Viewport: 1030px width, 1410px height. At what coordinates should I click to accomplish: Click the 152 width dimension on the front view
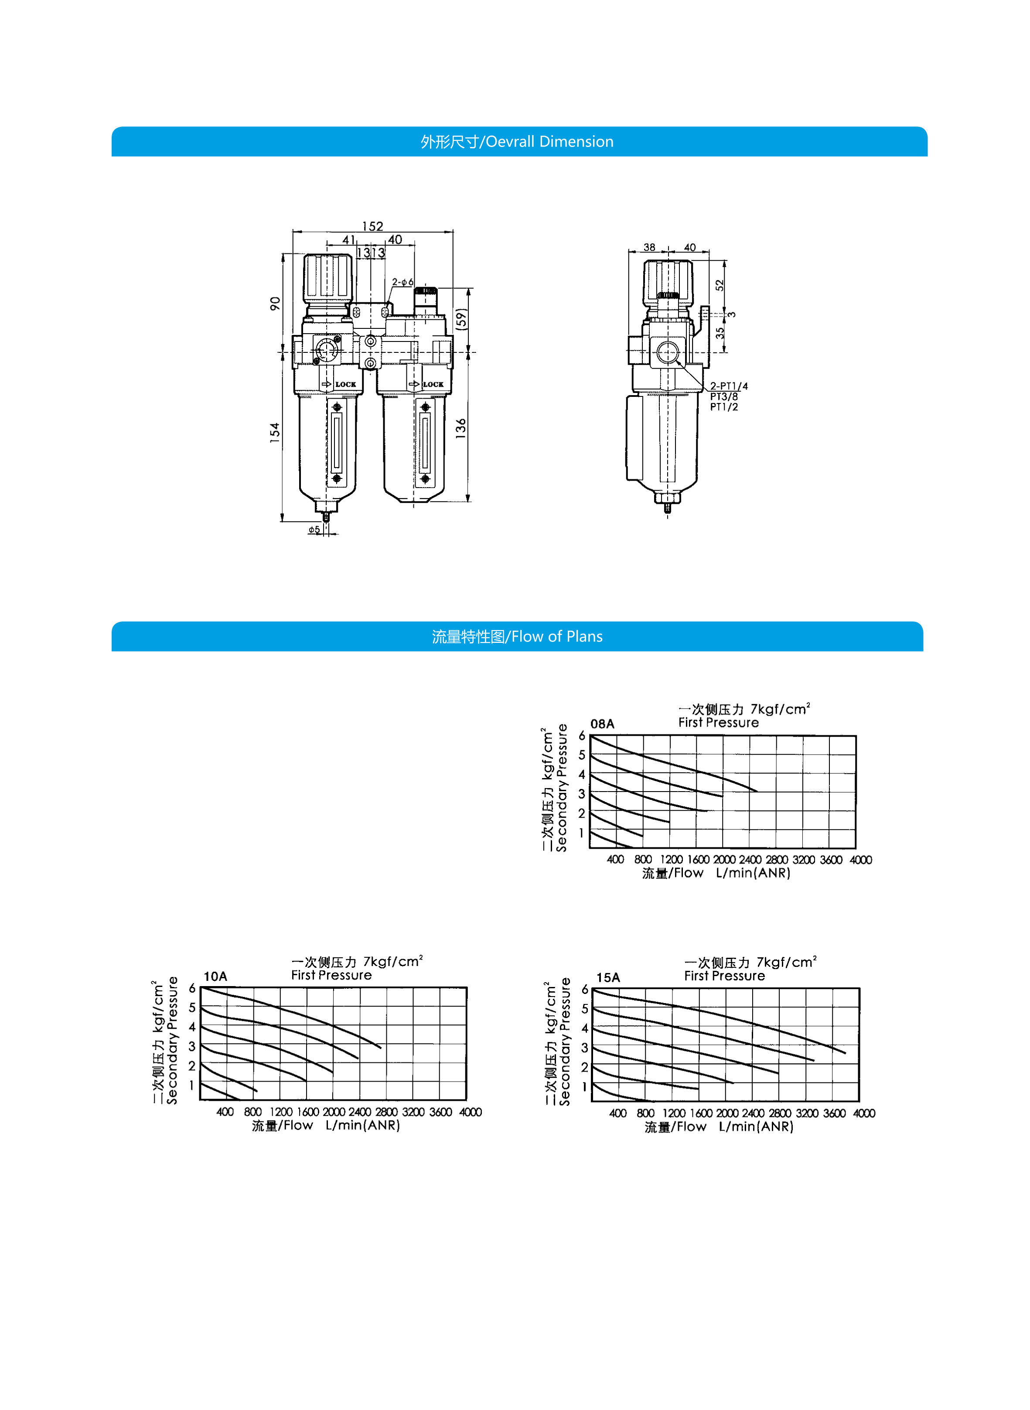coord(372,226)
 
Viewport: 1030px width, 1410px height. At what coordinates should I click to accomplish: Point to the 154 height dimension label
coord(275,433)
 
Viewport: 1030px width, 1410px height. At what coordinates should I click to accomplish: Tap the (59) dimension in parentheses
coord(461,319)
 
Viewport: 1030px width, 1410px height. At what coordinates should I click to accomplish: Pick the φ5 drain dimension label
coord(314,529)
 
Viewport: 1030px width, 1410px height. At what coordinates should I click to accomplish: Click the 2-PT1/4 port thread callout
coord(729,386)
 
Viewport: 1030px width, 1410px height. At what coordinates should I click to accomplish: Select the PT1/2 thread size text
coord(724,407)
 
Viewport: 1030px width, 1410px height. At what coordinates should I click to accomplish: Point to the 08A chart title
coord(602,724)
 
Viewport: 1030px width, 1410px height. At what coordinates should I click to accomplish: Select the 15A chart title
coord(608,977)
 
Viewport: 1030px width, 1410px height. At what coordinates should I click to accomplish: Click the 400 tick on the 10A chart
coord(225,1112)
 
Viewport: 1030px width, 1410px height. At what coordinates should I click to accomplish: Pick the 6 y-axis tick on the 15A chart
coord(585,989)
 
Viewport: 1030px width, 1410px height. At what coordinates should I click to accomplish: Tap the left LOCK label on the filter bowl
coord(345,384)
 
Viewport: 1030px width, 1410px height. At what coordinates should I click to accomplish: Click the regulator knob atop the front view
coord(327,277)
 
